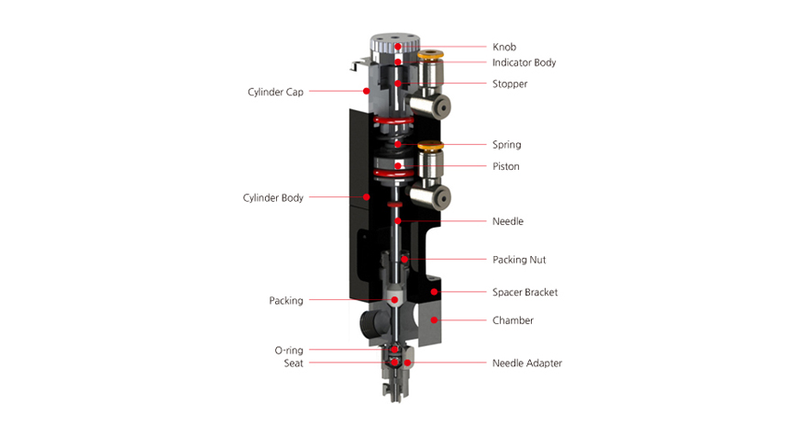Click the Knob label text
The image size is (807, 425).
[503, 47]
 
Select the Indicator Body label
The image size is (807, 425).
[524, 62]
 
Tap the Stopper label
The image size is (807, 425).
[510, 84]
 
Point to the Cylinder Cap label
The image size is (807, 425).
[275, 92]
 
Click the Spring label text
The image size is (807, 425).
[506, 145]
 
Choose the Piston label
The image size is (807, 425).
[505, 166]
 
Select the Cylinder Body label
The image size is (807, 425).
[272, 198]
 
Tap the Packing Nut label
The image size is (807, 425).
[519, 260]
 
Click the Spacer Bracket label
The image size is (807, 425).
[525, 292]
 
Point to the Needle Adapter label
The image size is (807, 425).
[527, 363]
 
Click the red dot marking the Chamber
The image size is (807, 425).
[434, 320]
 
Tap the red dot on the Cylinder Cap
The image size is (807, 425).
[366, 91]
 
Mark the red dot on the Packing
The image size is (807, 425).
[394, 300]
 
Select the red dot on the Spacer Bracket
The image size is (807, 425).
[434, 292]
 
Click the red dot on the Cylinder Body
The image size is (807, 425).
[366, 196]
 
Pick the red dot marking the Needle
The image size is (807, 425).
[398, 221]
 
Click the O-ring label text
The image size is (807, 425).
[289, 351]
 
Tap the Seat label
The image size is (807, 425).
[293, 363]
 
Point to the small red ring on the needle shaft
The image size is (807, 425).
[394, 205]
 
